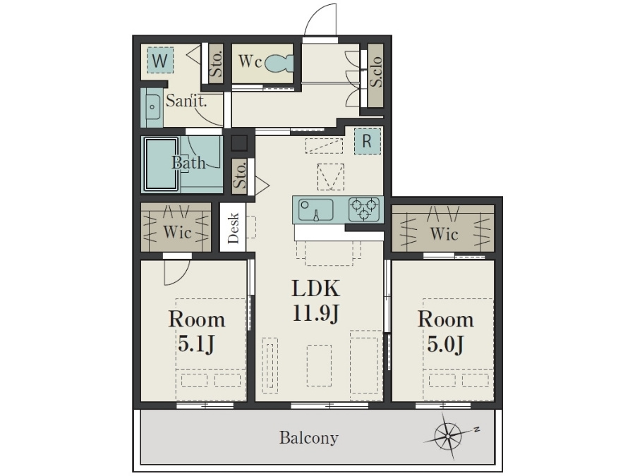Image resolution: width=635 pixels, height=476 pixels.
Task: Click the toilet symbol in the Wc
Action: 279,63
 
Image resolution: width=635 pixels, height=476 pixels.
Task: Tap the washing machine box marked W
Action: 160,61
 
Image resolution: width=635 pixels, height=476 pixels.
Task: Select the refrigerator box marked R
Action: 368,141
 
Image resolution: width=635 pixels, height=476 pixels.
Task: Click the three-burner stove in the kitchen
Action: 364,209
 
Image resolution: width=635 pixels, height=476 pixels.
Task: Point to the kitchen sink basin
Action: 316,209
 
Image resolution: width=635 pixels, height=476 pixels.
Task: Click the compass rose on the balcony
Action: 449,436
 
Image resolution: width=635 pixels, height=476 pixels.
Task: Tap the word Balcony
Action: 308,437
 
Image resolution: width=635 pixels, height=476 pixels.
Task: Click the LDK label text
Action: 316,288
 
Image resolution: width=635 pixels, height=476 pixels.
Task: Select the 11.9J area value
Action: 316,313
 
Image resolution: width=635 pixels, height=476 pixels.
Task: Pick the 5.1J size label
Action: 196,343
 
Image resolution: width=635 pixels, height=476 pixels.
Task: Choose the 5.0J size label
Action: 445,343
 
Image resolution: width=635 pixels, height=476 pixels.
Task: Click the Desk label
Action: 234,228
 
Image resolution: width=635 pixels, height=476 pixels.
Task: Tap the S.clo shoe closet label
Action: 376,72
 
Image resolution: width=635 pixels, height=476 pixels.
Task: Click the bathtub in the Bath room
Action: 161,164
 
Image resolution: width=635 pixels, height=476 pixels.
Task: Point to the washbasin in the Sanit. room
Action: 152,106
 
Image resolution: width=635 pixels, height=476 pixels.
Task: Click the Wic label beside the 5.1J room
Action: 177,232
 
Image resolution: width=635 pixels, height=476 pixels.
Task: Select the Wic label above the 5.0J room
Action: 445,233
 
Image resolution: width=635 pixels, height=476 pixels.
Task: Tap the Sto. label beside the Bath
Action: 240,176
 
